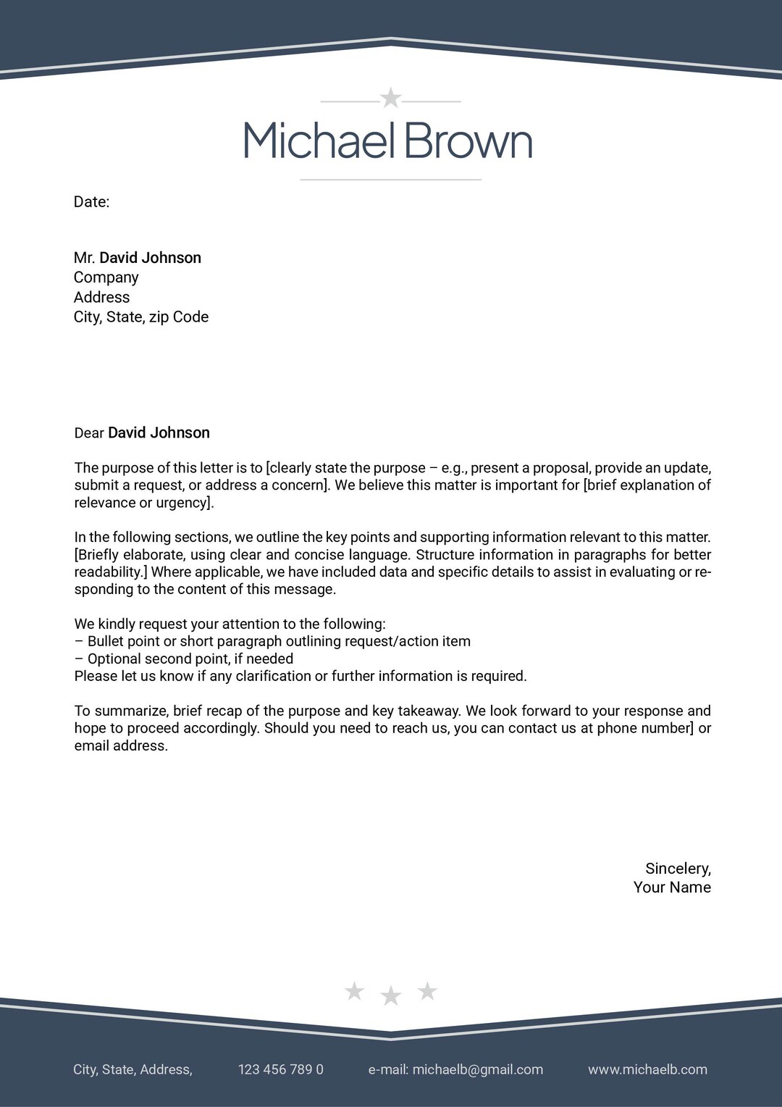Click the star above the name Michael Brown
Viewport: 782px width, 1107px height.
pyautogui.click(x=391, y=97)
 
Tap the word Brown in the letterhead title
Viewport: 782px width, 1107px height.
pyautogui.click(x=468, y=141)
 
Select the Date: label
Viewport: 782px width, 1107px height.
pyautogui.click(x=91, y=202)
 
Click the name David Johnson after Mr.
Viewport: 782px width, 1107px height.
pyautogui.click(x=150, y=258)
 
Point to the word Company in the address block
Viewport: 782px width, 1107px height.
pyautogui.click(x=106, y=277)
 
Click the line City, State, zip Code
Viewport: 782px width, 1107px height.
pyautogui.click(x=141, y=317)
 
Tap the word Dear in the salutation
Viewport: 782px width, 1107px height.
pyautogui.click(x=89, y=433)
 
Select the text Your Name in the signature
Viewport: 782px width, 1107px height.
pyautogui.click(x=672, y=887)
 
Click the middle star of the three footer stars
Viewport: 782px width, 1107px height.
pyautogui.click(x=391, y=996)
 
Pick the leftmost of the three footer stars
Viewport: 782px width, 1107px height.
pyautogui.click(x=354, y=990)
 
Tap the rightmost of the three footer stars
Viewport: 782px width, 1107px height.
pyautogui.click(x=428, y=990)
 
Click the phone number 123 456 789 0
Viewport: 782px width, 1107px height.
pyautogui.click(x=281, y=1069)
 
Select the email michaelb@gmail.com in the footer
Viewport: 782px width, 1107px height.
pyautogui.click(x=477, y=1069)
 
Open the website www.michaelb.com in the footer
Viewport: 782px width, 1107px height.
pyautogui.click(x=647, y=1069)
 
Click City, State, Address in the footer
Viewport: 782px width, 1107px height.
pyautogui.click(x=133, y=1069)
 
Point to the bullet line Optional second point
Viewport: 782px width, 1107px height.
pyautogui.click(x=190, y=659)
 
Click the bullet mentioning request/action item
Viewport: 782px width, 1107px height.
pyautogui.click(x=279, y=641)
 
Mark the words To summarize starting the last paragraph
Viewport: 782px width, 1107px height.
pyautogui.click(x=120, y=711)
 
